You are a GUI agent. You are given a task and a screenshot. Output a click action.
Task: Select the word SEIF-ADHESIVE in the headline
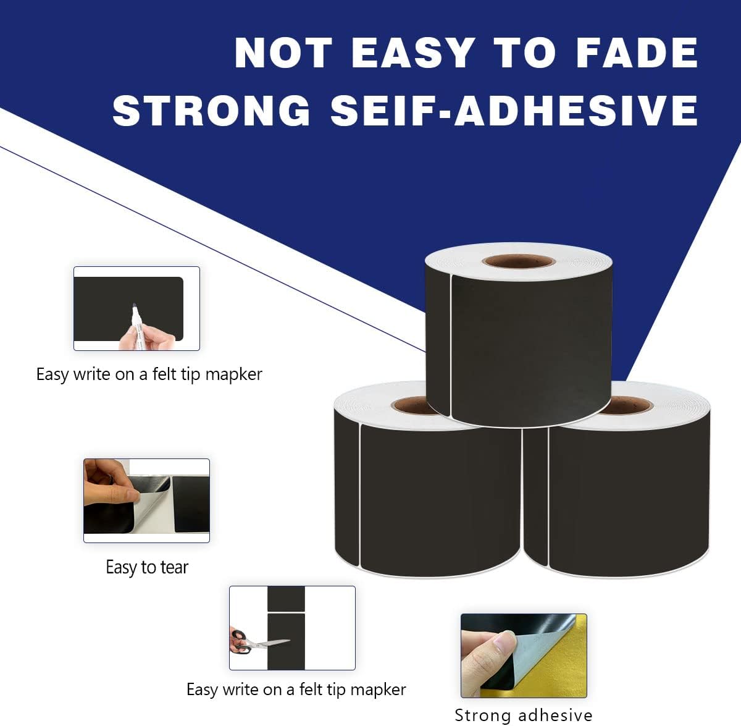pyautogui.click(x=514, y=111)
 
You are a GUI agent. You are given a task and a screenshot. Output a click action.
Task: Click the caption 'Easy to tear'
pyautogui.click(x=146, y=567)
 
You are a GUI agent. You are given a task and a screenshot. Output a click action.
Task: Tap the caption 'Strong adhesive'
pyautogui.click(x=523, y=715)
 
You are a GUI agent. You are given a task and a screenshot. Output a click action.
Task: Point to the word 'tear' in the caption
pyautogui.click(x=174, y=567)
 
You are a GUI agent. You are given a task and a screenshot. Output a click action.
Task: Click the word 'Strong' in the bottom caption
pyautogui.click(x=482, y=715)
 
